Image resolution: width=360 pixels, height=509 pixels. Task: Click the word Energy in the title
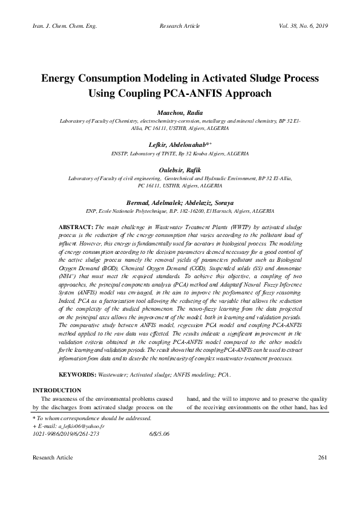pyautogui.click(x=62, y=79)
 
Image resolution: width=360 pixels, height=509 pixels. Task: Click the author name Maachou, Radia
pyautogui.click(x=179, y=113)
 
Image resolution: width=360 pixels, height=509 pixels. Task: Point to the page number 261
pyautogui.click(x=322, y=458)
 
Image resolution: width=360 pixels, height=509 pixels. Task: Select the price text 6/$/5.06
pyautogui.click(x=175, y=434)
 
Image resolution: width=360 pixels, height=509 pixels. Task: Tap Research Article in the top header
pyautogui.click(x=180, y=27)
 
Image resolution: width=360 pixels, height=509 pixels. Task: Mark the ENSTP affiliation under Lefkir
pyautogui.click(x=180, y=154)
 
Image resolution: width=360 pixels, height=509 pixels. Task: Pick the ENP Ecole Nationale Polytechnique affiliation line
pyautogui.click(x=180, y=211)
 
